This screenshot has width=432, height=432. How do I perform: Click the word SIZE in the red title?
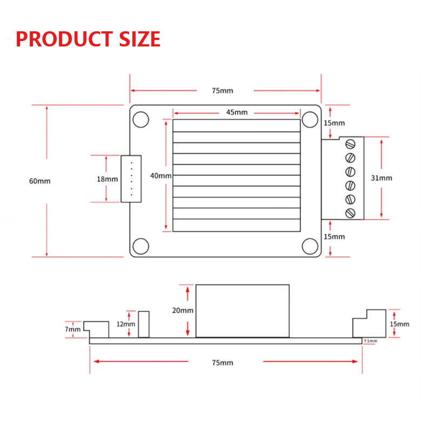pos(139,39)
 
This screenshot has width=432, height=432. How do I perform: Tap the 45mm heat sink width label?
pos(237,112)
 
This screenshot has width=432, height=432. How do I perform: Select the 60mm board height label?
pos(39,181)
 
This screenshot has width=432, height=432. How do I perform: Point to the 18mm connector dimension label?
pos(107,179)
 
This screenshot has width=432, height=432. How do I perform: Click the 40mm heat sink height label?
pos(161,176)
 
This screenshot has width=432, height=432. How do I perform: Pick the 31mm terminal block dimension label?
pos(382,178)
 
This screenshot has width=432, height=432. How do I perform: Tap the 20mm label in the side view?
pos(183,310)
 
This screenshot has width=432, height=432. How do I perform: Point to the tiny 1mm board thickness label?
pos(372,341)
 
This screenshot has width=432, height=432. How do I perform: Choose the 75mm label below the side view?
pos(223,362)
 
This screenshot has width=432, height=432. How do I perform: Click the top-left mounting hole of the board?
pos(141,119)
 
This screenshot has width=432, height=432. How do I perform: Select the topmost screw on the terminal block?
pos(350,144)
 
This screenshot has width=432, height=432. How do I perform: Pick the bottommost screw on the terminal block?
pos(350,213)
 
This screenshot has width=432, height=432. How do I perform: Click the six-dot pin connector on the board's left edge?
pos(131,179)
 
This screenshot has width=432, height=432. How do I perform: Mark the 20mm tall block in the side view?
pos(243,310)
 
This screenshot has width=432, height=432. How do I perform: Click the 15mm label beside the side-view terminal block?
pos(399,324)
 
